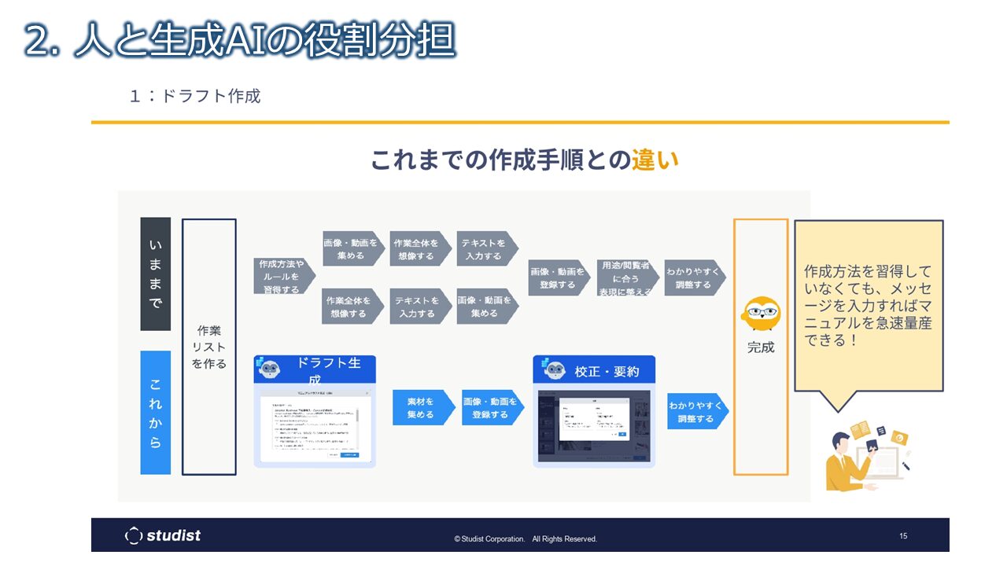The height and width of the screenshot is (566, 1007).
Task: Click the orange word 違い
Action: point(655,160)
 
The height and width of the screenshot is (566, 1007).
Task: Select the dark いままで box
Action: point(156,274)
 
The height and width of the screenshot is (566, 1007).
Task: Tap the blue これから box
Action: point(156,413)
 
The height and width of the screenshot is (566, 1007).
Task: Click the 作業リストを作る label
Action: point(209,347)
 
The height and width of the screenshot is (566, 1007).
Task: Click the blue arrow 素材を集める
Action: point(422,408)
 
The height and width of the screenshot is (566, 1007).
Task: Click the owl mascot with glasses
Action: point(761,314)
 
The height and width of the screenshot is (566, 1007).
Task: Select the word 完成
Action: point(761,347)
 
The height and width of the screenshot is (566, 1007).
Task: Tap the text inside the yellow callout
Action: point(868,306)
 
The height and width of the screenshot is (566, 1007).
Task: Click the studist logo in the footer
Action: point(164,535)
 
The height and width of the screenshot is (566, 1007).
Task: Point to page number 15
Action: point(903,536)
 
